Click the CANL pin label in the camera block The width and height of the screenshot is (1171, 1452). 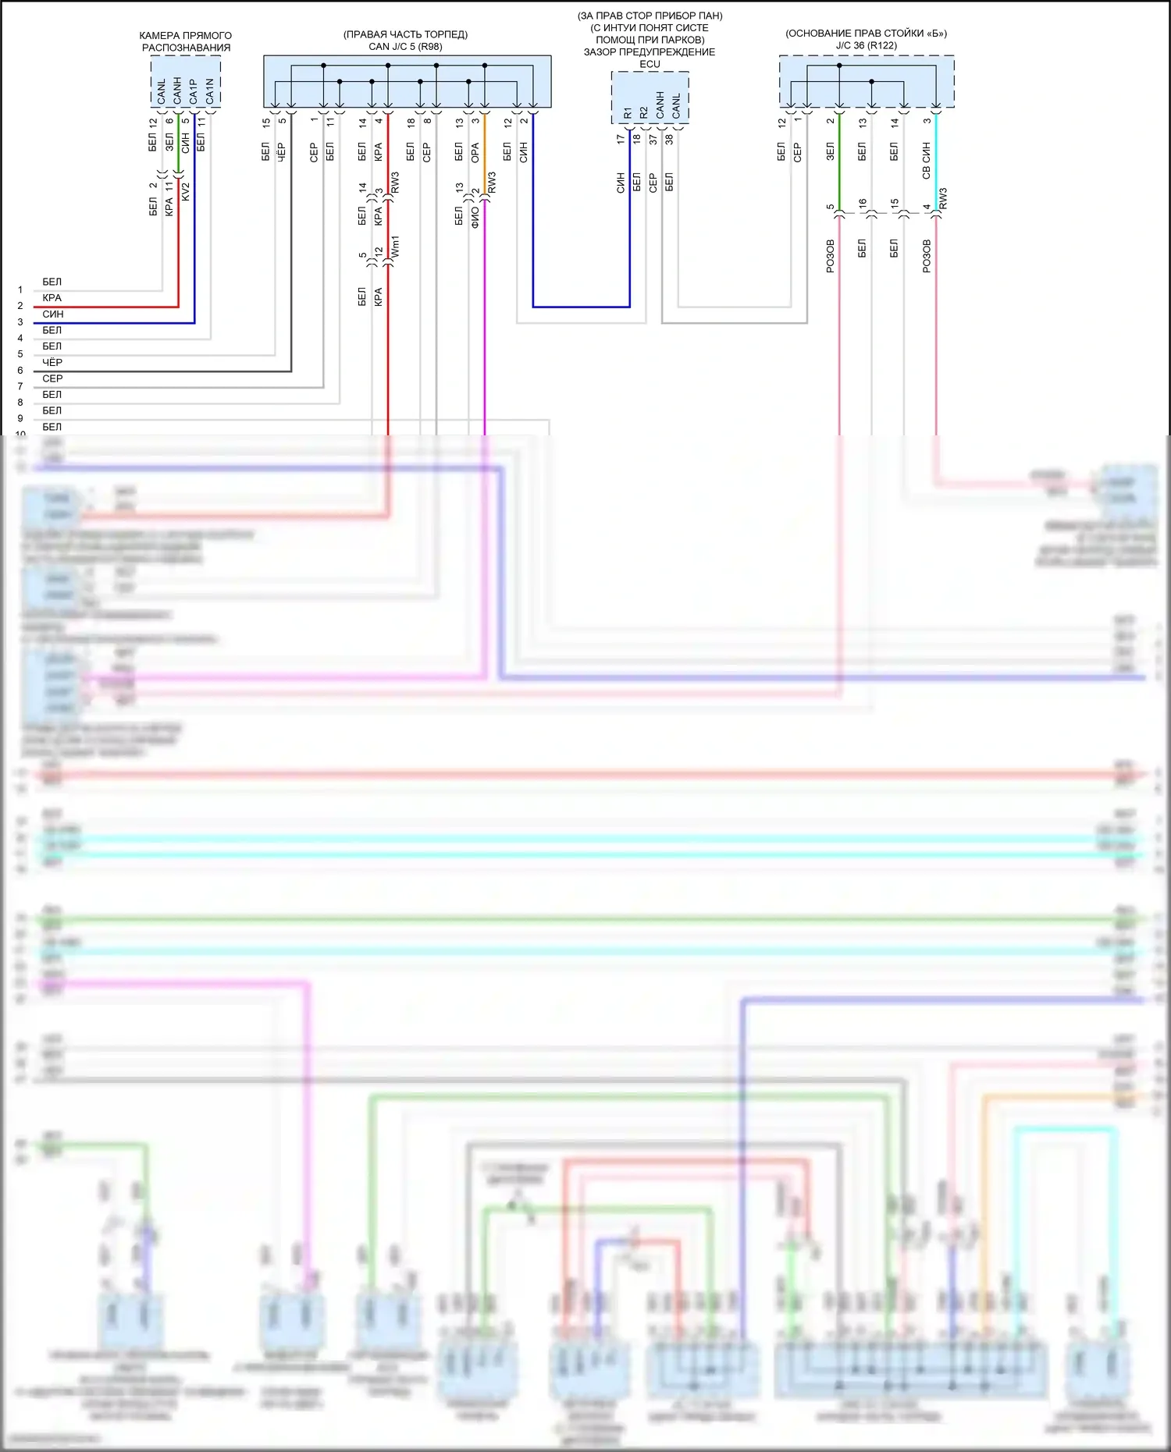tap(162, 91)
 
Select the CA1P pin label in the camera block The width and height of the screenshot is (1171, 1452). tap(194, 91)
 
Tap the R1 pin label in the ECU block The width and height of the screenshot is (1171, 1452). tap(628, 112)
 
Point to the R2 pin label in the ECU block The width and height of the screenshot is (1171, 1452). tap(644, 112)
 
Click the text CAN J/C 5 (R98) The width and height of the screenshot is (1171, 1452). tap(405, 47)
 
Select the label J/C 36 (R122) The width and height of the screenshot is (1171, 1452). tap(866, 45)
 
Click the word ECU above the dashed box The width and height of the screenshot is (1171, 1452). tap(650, 64)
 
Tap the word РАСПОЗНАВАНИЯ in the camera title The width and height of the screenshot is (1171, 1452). tap(186, 48)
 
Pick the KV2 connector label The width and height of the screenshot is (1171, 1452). tap(186, 192)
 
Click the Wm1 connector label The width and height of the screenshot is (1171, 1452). tap(395, 247)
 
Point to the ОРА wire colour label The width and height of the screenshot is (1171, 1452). tap(475, 153)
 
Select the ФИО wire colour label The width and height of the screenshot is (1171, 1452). tap(475, 215)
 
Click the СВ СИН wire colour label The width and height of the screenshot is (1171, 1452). tap(927, 161)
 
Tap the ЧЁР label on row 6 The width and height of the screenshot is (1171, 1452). tap(52, 362)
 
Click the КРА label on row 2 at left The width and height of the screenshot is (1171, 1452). tap(52, 298)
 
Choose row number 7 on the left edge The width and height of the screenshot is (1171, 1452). tap(20, 386)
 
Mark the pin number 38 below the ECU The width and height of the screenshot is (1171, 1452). tap(669, 140)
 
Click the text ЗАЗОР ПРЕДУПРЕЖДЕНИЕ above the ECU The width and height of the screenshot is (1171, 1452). tap(650, 52)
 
